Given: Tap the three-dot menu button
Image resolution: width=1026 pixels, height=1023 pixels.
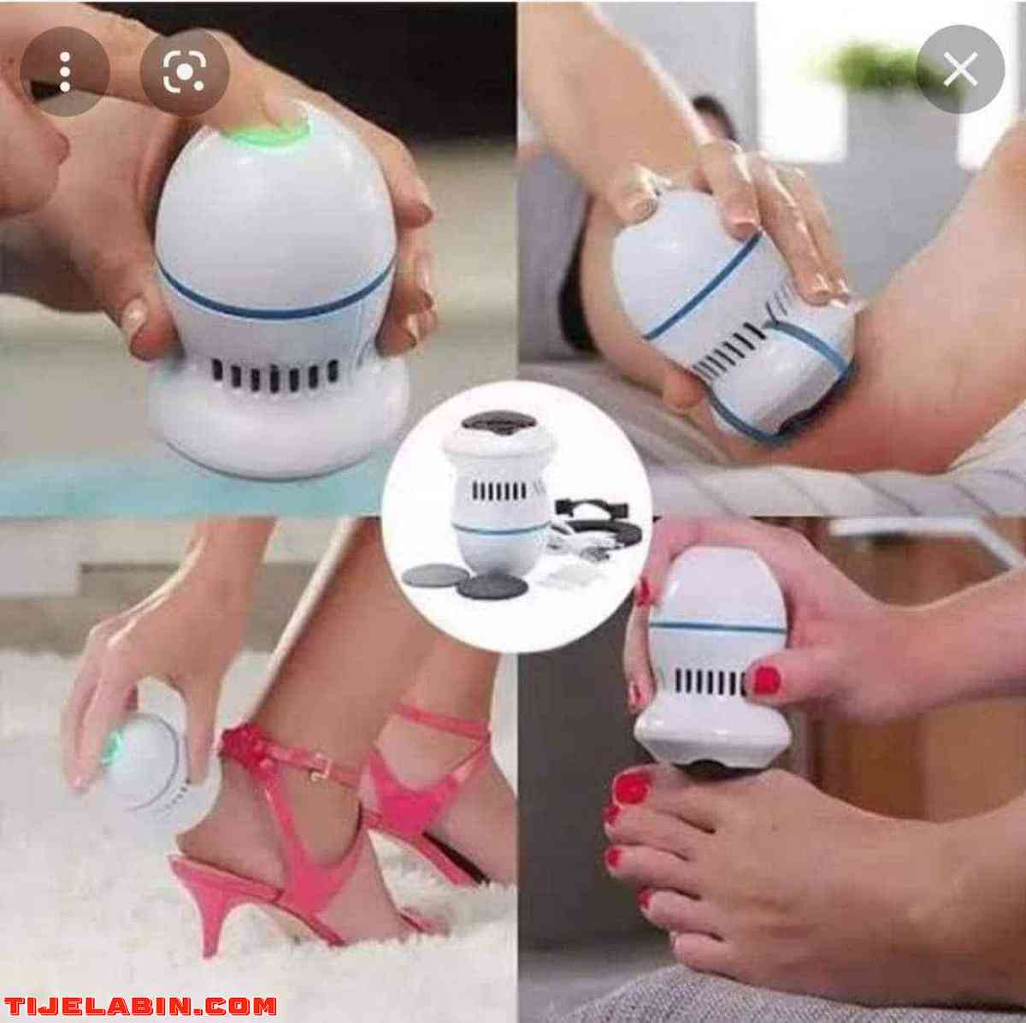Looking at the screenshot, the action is (65, 71).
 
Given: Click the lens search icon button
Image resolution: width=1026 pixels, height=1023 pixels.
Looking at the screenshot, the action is (184, 71).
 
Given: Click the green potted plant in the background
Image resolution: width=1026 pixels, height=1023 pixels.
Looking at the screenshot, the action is (884, 69).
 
